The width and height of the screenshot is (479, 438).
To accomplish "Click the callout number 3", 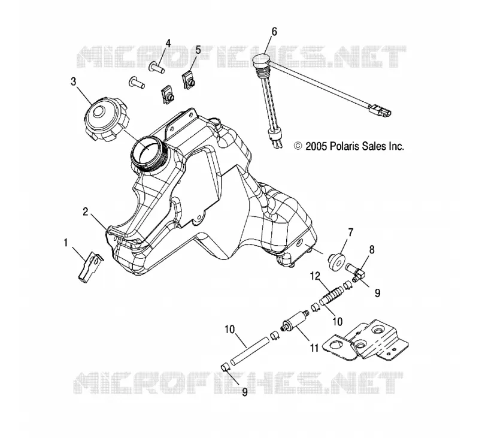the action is click(x=73, y=82).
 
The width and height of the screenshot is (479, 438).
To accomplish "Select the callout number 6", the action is click(x=274, y=32).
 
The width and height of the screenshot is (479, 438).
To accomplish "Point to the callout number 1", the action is click(x=65, y=243).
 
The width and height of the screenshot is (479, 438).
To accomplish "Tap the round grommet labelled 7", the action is click(x=337, y=261).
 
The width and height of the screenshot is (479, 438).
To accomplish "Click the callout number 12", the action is click(x=315, y=276).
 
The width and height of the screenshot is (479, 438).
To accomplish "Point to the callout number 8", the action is click(x=372, y=249).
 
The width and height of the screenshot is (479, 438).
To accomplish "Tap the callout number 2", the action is click(x=86, y=212).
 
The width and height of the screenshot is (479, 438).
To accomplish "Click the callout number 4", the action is click(x=168, y=43).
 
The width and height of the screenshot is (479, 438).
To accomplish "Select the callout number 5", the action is click(x=198, y=50).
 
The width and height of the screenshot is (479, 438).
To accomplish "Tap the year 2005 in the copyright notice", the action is click(x=316, y=146).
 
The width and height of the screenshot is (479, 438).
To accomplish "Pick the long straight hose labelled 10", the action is click(x=250, y=351).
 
